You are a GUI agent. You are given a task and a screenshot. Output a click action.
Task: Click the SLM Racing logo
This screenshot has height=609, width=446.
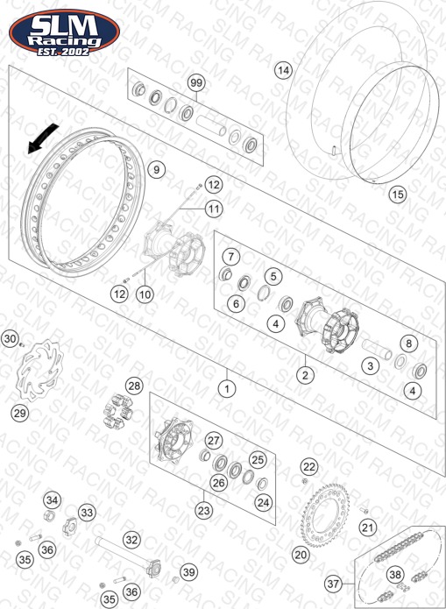click(65, 32)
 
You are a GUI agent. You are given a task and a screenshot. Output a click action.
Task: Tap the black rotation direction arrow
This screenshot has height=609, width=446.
click(42, 139)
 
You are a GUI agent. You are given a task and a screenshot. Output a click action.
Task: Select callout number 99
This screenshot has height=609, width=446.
click(196, 83)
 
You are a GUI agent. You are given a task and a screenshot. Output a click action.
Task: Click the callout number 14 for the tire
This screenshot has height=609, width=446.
click(284, 70)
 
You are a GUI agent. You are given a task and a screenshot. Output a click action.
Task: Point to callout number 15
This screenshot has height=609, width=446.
click(398, 194)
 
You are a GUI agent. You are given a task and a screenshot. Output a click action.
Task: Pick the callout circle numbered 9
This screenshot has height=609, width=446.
click(156, 169)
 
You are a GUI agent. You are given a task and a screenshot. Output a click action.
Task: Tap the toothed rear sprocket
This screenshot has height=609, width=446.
click(325, 515)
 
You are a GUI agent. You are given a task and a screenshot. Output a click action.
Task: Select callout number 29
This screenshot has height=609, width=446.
click(20, 414)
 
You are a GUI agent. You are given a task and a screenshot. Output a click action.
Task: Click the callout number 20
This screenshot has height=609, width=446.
click(301, 555)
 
